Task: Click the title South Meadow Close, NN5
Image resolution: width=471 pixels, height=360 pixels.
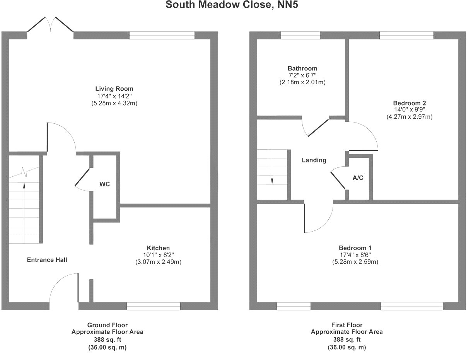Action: pos(233,5)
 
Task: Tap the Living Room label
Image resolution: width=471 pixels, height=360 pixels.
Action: pos(114,89)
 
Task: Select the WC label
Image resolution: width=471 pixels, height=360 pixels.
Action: pos(105,184)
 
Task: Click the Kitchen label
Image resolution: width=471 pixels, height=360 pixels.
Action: pos(158,248)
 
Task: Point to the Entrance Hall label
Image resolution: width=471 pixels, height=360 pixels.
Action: pos(47,260)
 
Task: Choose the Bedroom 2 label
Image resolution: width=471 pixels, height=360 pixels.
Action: pos(410,103)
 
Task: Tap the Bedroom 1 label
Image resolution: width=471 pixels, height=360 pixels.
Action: pos(355,248)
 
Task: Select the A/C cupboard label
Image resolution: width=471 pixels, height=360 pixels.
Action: pos(358,178)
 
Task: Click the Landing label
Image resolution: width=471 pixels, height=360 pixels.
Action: pos(314,160)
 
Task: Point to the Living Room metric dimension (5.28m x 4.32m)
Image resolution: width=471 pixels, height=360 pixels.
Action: pos(114,103)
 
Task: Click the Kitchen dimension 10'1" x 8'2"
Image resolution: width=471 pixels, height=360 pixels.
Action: pos(158,255)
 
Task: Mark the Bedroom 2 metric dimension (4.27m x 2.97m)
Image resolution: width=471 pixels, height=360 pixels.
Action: pos(410,117)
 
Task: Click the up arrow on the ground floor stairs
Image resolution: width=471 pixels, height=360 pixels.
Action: pos(24,186)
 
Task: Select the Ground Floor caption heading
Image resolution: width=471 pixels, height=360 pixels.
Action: pos(107,325)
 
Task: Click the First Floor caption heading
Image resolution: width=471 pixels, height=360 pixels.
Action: pos(347,325)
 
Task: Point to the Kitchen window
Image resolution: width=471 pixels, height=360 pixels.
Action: pos(154,306)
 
